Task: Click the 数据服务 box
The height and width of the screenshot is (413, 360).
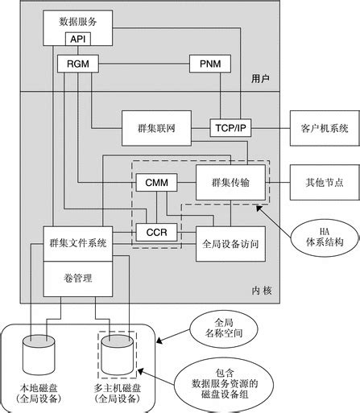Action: point(79,23)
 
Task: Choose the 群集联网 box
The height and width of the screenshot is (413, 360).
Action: point(156,128)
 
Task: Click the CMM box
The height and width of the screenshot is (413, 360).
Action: point(155,183)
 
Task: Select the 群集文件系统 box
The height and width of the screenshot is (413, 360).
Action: point(79,242)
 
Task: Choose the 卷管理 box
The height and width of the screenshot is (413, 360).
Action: point(79,278)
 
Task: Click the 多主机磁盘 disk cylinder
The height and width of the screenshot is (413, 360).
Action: point(116,351)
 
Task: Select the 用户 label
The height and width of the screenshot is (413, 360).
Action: point(259,81)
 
